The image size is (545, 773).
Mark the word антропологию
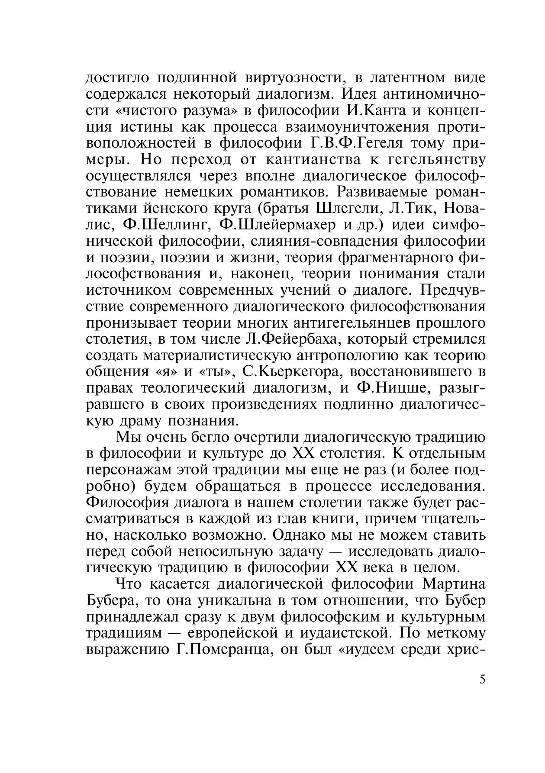point(347,355)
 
